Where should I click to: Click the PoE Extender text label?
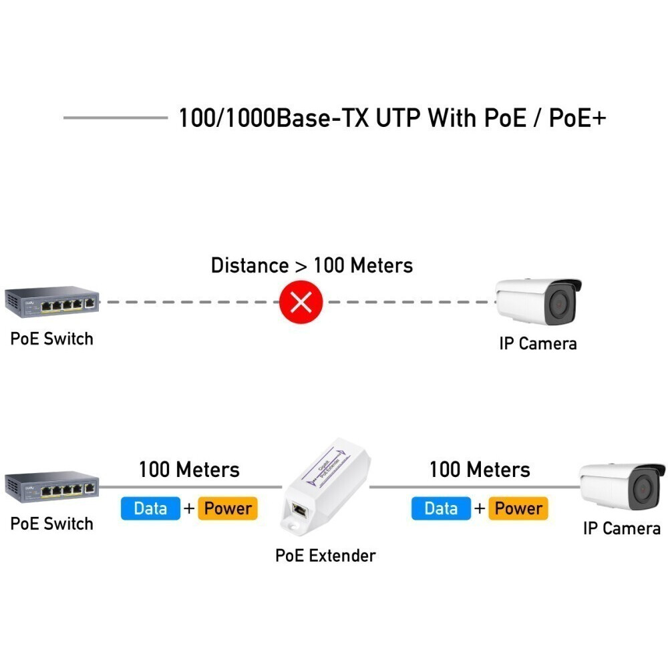[325, 555]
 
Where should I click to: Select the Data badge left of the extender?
[150, 508]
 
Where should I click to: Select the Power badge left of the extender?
[228, 508]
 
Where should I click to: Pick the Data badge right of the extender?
[441, 508]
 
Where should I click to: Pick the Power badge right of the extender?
[518, 508]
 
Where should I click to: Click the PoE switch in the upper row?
[52, 303]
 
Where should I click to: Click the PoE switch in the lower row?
[52, 488]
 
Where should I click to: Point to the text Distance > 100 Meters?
[312, 265]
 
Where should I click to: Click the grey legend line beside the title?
[115, 118]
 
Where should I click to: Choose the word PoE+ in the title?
[577, 118]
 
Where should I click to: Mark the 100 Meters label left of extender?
[189, 470]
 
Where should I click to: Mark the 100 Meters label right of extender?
[480, 470]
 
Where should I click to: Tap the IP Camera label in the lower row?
[621, 528]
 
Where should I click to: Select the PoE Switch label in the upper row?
[51, 339]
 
